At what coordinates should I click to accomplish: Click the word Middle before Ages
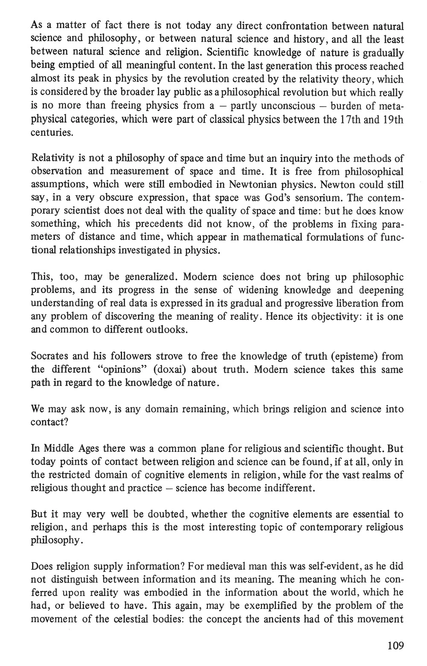58,449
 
